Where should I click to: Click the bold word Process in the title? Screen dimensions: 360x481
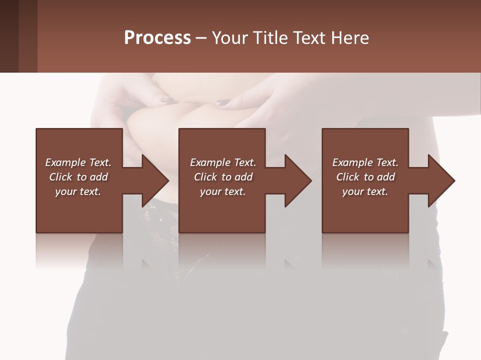point(157,38)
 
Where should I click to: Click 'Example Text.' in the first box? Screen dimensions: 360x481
point(78,162)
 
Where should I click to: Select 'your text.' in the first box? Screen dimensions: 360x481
point(78,191)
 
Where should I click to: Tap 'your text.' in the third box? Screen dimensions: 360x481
point(365,191)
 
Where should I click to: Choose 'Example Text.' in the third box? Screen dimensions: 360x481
point(365,162)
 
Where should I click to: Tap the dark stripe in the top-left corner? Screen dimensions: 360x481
point(9,36)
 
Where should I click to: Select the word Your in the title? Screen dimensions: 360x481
point(228,38)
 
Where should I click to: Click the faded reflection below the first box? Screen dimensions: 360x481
point(79,250)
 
